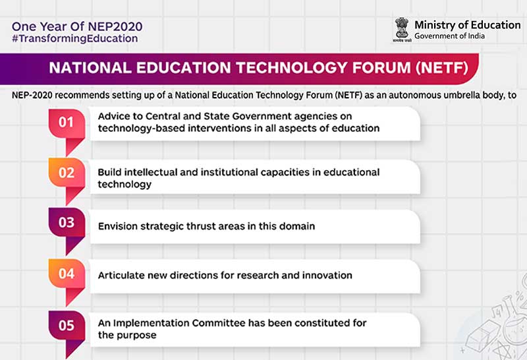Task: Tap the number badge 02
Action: (67, 173)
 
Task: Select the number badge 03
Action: (67, 222)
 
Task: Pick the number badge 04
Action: (67, 273)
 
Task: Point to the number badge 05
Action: (67, 325)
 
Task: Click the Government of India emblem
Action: (401, 29)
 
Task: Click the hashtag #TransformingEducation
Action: (74, 39)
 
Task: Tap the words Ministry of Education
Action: (467, 24)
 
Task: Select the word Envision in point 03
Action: (118, 226)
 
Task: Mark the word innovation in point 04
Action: (327, 275)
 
